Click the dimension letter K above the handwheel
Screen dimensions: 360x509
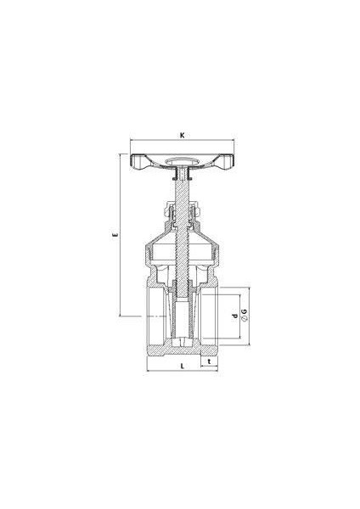point(183,136)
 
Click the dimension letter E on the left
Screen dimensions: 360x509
point(115,234)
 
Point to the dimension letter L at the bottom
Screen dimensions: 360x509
point(183,366)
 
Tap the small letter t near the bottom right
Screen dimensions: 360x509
point(209,361)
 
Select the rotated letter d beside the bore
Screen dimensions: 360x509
point(234,316)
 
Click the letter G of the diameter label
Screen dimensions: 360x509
point(245,311)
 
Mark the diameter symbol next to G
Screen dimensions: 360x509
point(245,318)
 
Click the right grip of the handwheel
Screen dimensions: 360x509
point(225,162)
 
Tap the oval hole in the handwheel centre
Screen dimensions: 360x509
point(183,161)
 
